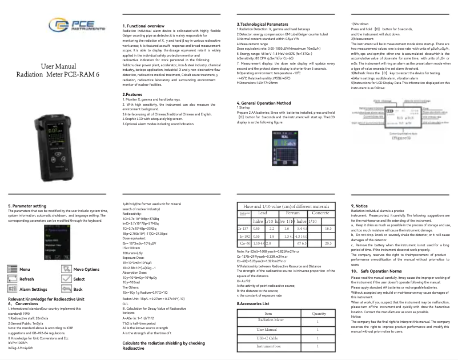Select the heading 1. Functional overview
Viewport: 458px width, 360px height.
[144, 26]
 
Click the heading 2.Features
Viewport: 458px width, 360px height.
[132, 95]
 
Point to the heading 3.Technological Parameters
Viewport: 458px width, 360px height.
[263, 25]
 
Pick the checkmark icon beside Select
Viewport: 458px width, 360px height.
[66, 279]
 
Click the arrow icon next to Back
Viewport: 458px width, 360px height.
[66, 289]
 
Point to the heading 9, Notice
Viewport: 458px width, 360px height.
[360, 205]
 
